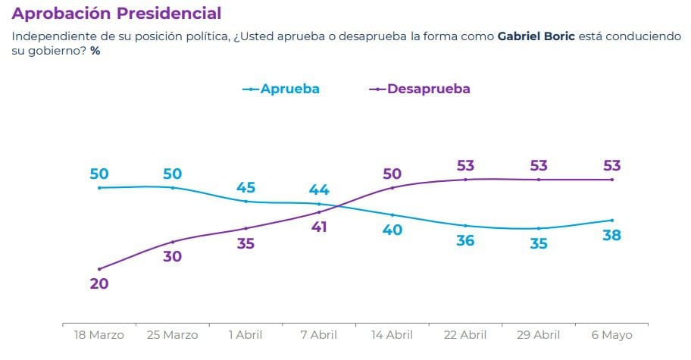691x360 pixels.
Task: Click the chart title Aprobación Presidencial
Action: click(117, 14)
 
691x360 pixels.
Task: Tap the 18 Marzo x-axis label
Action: click(98, 334)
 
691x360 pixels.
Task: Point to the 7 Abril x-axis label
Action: click(318, 334)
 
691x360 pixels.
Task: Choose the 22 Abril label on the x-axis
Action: click(465, 334)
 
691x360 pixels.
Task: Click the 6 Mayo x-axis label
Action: click(611, 334)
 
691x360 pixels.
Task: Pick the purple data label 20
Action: click(99, 284)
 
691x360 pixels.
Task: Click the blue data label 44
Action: click(318, 189)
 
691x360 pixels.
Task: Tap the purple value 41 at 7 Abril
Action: click(318, 226)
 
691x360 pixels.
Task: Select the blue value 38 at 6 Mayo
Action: click(611, 236)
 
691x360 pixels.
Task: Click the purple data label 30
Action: click(173, 256)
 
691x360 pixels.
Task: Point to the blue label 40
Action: click(392, 230)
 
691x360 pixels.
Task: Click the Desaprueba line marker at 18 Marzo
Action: click(99, 269)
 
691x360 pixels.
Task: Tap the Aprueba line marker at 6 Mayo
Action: click(612, 220)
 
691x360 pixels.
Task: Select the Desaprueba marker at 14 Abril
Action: click(392, 187)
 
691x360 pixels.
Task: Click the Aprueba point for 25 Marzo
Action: click(173, 187)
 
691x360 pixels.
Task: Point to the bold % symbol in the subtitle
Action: click(95, 51)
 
